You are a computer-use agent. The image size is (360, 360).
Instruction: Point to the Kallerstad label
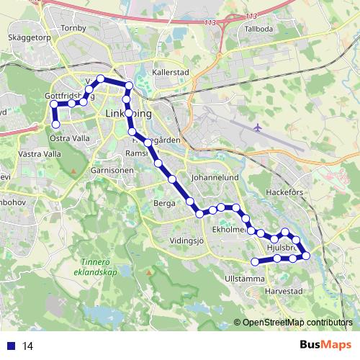coord(170,73)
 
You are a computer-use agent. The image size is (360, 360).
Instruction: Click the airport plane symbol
coord(258,127)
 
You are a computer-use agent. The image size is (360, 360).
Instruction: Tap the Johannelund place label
coord(214,176)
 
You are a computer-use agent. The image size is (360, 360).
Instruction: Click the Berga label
coord(165,204)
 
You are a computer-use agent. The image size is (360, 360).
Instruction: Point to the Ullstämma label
coord(245,277)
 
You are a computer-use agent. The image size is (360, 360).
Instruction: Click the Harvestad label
coord(283,292)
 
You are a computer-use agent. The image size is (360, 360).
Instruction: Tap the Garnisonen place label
coord(112,171)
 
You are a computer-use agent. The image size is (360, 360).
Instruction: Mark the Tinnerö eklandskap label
coord(99,268)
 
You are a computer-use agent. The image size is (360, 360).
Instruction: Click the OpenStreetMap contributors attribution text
coord(297,322)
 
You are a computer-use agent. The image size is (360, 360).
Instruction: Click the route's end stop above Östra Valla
coord(55,125)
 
